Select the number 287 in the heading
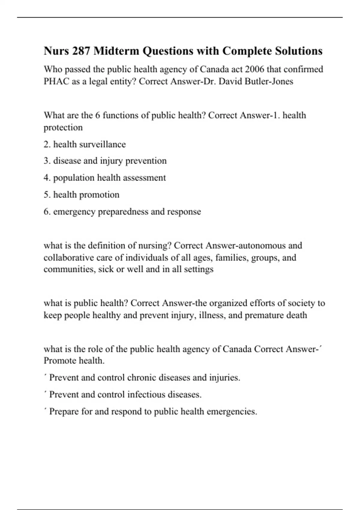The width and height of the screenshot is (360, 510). pyautogui.click(x=81, y=51)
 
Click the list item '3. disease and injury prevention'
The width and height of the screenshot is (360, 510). pyautogui.click(x=105, y=161)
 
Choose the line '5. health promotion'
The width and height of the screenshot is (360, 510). pyautogui.click(x=82, y=195)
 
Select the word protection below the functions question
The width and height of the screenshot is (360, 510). pyautogui.click(x=63, y=127)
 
